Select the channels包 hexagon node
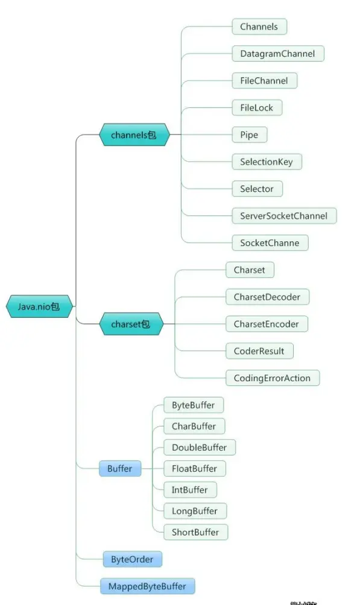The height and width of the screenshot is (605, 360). click(x=134, y=135)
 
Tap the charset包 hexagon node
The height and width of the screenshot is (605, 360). click(x=130, y=324)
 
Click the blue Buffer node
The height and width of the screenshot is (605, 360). click(x=119, y=469)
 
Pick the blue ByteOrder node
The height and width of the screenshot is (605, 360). click(x=132, y=559)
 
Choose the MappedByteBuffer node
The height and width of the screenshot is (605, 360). click(x=147, y=586)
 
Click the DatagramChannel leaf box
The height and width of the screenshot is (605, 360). click(x=277, y=53)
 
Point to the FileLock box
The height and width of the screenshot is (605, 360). click(x=256, y=107)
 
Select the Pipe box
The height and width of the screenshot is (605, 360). click(x=249, y=135)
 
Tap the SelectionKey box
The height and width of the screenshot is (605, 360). click(x=267, y=162)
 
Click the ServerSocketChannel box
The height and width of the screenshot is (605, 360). click(x=283, y=215)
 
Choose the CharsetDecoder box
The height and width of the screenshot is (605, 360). click(x=267, y=297)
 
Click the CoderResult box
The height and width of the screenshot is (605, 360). click(x=259, y=350)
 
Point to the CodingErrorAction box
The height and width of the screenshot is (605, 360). click(x=272, y=378)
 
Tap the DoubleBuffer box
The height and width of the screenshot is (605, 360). click(x=199, y=447)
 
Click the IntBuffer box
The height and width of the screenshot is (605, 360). click(x=189, y=489)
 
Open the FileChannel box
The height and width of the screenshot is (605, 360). click(x=264, y=80)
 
